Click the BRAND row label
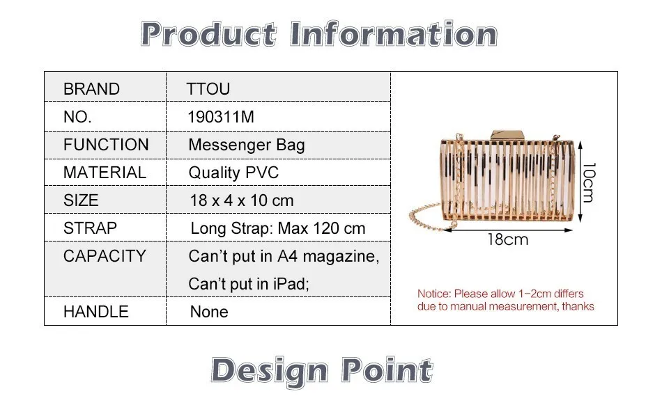pyautogui.click(x=91, y=89)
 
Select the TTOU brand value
pyautogui.click(x=208, y=89)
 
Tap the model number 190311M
pyautogui.click(x=221, y=117)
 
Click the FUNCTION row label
pyautogui.click(x=106, y=145)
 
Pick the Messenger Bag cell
pyautogui.click(x=247, y=145)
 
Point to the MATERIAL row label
pyautogui.click(x=105, y=173)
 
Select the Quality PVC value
pyautogui.click(x=233, y=173)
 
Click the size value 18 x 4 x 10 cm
pyautogui.click(x=242, y=200)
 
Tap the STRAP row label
pyautogui.click(x=90, y=228)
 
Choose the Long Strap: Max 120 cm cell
pyautogui.click(x=278, y=228)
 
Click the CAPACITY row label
pyautogui.click(x=105, y=256)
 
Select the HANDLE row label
pyautogui.click(x=96, y=312)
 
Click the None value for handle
pyautogui.click(x=209, y=312)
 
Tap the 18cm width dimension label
pyautogui.click(x=507, y=239)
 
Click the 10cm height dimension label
pyautogui.click(x=588, y=182)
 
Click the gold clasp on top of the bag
pyautogui.click(x=507, y=135)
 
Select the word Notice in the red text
pyautogui.click(x=434, y=294)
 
